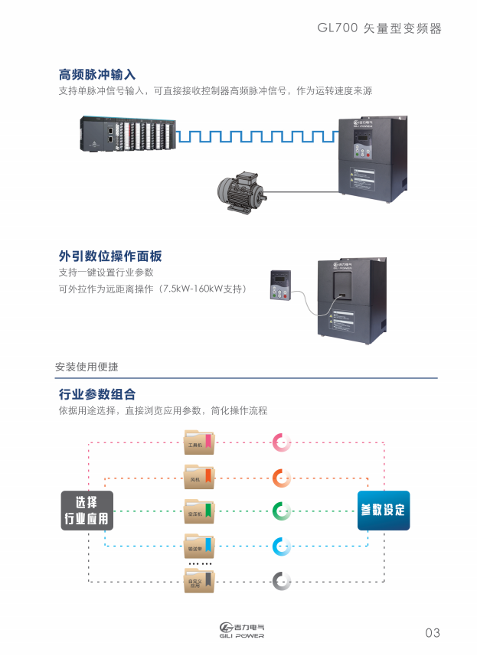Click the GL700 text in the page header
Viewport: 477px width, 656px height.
point(337,28)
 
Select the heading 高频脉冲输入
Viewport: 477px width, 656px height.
point(97,75)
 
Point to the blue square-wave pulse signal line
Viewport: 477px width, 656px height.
point(256,136)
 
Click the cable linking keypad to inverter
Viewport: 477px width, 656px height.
point(306,306)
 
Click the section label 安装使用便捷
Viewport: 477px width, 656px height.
point(87,366)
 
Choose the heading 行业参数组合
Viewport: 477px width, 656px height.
point(97,394)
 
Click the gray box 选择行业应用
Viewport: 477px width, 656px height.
point(87,511)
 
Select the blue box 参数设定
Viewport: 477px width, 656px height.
point(384,511)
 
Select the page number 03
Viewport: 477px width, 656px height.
point(433,632)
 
